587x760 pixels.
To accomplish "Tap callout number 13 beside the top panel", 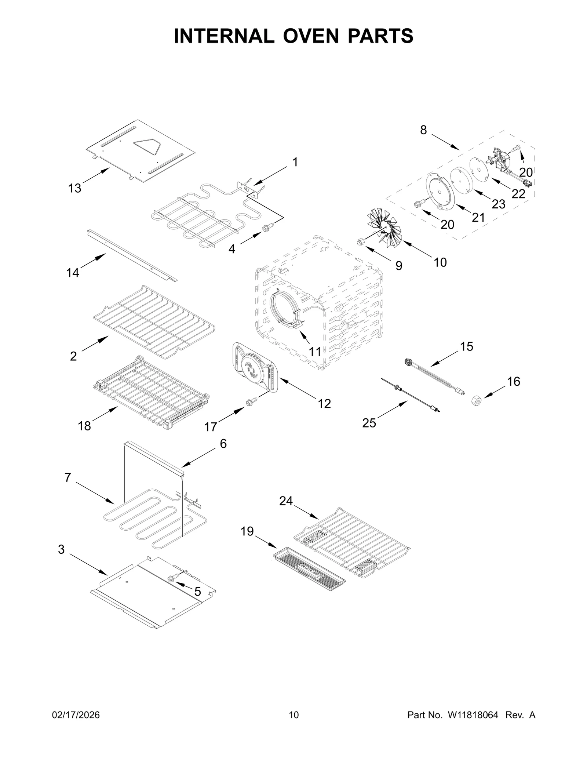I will click(74, 189).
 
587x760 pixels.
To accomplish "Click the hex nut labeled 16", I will click(476, 401).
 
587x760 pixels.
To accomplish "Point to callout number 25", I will click(369, 423).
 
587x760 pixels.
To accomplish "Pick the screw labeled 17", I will click(251, 402).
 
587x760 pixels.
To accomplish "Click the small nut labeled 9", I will click(360, 241).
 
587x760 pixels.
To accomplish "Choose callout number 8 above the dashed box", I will click(423, 130).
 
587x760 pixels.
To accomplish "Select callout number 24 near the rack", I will click(286, 501).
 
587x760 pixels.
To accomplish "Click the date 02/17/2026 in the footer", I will click(77, 726).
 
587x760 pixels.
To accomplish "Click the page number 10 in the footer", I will click(294, 726).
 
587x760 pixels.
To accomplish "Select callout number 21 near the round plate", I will click(478, 218).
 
